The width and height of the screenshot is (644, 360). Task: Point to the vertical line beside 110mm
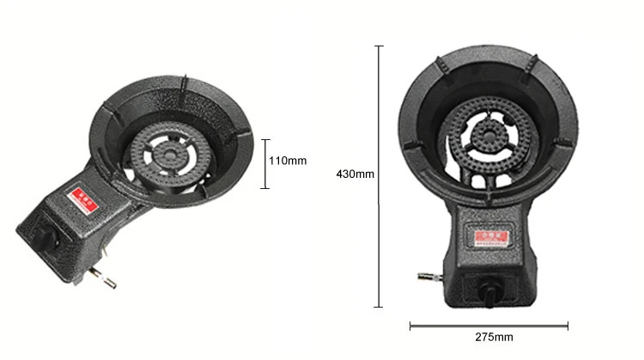point(265,163)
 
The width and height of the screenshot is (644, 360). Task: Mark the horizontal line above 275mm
point(489,325)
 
